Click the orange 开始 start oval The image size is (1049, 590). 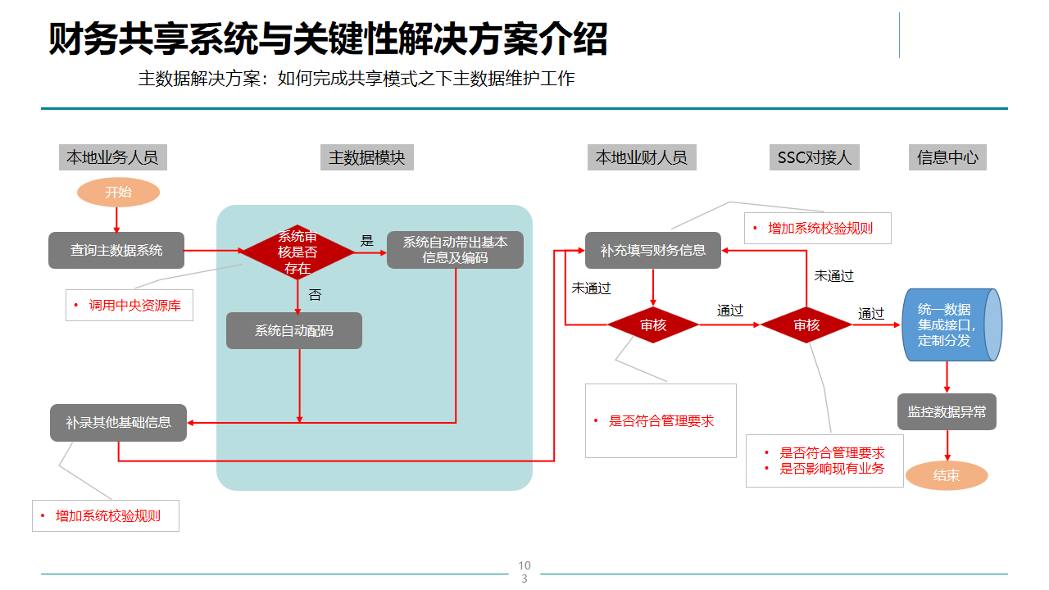click(118, 193)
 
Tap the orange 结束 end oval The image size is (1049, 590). click(947, 475)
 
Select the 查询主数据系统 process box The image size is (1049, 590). click(116, 251)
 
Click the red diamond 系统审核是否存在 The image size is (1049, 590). click(297, 252)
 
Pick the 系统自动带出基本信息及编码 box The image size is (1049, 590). click(455, 250)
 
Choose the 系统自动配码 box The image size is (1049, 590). click(294, 331)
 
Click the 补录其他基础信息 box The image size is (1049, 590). click(119, 423)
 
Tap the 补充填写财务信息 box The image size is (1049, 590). click(653, 250)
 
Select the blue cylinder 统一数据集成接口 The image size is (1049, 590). click(951, 324)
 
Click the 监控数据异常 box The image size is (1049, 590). click(947, 412)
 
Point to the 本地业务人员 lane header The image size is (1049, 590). click(113, 157)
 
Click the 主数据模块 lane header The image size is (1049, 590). click(366, 157)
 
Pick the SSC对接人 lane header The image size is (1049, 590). click(814, 157)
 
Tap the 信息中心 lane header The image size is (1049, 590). click(947, 157)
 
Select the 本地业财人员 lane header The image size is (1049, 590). click(642, 157)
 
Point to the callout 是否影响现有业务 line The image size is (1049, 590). click(832, 469)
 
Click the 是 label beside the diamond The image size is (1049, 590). click(367, 241)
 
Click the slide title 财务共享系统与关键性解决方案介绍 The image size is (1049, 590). click(328, 39)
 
